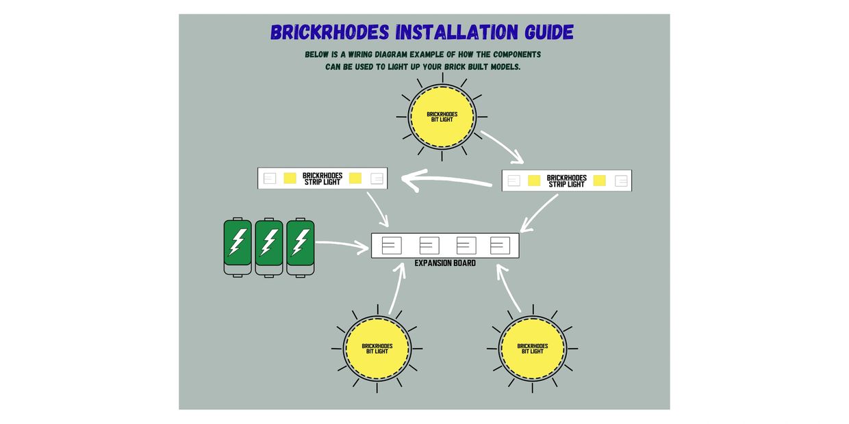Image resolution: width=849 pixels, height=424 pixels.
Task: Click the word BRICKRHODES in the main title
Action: [x=330, y=32]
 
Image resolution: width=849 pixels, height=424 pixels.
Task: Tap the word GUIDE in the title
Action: [x=549, y=32]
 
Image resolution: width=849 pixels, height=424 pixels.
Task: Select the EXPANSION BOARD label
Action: [x=445, y=263]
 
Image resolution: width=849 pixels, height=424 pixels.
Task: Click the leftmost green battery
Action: [x=238, y=247]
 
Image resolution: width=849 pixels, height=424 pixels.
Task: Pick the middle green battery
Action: [x=269, y=247]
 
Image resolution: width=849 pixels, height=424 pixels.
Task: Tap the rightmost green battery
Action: [x=301, y=247]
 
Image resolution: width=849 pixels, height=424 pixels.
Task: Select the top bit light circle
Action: [x=442, y=116]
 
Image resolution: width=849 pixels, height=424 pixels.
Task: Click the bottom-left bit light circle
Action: [x=377, y=349]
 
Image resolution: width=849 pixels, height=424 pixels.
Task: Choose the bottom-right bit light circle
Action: [x=533, y=349]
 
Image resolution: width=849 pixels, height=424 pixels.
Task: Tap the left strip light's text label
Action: [x=322, y=178]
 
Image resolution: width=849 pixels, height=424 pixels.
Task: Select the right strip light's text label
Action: [x=567, y=181]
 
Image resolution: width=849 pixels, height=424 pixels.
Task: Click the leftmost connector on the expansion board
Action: [x=392, y=246]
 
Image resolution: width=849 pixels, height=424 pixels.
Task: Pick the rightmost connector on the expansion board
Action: [x=500, y=246]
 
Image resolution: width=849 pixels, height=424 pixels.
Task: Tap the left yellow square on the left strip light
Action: [x=290, y=178]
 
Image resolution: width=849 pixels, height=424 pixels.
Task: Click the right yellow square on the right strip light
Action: [x=599, y=181]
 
